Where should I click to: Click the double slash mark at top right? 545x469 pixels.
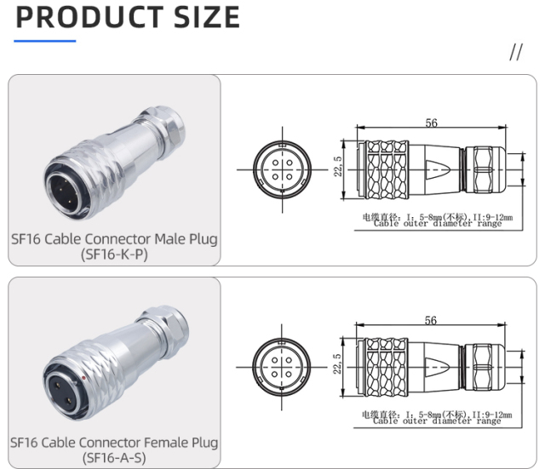click(515, 53)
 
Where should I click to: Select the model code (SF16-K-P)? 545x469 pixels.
click(114, 255)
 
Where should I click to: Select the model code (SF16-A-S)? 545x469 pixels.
click(114, 459)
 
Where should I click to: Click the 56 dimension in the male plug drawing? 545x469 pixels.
click(432, 123)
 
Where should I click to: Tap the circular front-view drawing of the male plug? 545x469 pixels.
click(281, 164)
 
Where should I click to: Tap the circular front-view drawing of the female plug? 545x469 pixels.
click(281, 363)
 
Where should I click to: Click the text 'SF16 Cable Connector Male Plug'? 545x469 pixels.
click(114, 238)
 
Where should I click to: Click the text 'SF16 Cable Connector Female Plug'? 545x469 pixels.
click(114, 443)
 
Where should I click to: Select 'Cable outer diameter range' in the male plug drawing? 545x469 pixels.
click(437, 224)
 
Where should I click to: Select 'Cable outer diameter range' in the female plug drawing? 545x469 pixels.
click(437, 421)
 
